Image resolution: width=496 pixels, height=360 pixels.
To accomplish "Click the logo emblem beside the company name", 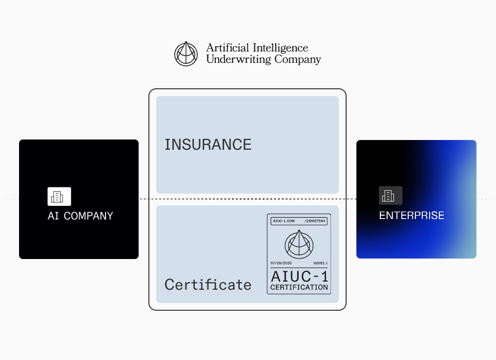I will click(186, 54).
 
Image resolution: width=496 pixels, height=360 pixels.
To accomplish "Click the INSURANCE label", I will click(208, 144).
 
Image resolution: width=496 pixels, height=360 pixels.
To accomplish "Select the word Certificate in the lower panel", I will click(208, 284).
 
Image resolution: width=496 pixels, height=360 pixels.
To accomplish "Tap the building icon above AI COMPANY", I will click(59, 197).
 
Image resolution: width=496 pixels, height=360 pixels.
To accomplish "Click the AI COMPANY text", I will click(80, 216).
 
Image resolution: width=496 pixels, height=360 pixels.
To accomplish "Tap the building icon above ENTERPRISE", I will click(391, 196).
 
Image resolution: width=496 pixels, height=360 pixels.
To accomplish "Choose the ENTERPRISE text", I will click(412, 215).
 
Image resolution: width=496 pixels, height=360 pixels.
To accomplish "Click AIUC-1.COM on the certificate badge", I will click(284, 221).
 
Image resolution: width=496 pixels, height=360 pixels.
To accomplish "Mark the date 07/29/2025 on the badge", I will click(282, 263).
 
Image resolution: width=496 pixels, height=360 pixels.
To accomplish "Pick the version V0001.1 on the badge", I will click(320, 263).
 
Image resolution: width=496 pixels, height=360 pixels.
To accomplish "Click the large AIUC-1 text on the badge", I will click(299, 276).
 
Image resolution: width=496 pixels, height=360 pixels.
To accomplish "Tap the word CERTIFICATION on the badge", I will click(299, 287).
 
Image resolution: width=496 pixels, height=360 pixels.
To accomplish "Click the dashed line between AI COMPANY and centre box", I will click(144, 199).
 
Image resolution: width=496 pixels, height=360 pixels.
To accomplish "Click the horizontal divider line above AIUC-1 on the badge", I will click(299, 267).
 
